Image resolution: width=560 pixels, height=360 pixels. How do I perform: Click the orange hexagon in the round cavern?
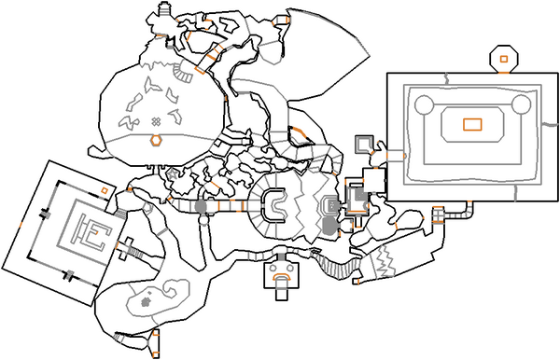(157, 141)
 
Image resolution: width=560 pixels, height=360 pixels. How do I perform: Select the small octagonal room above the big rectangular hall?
(503, 59)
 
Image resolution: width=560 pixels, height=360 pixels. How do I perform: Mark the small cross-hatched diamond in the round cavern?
(157, 120)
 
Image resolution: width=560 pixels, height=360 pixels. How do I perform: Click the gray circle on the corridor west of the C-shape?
(201, 204)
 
